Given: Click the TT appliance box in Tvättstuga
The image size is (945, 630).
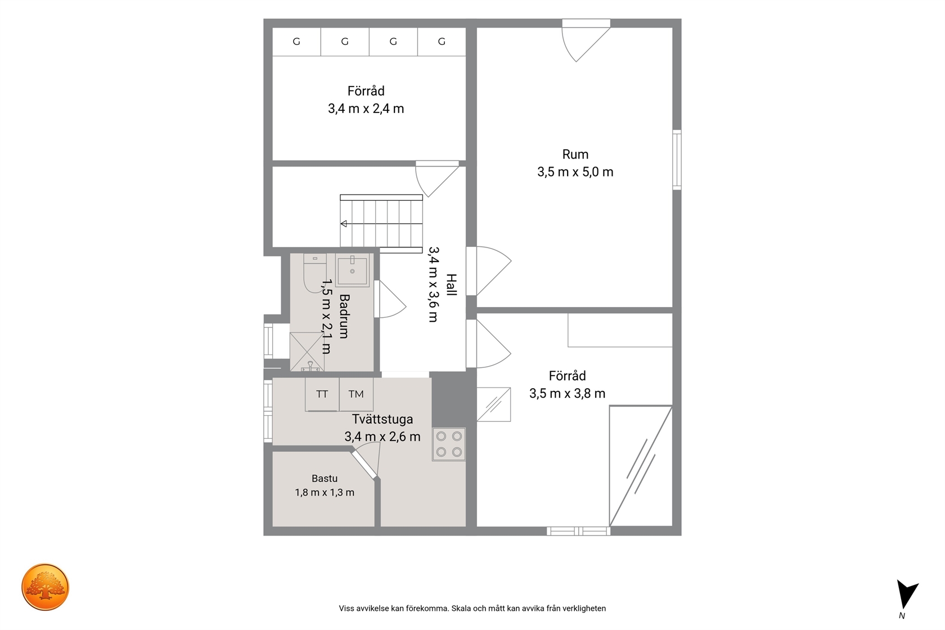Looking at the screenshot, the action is coord(322,394).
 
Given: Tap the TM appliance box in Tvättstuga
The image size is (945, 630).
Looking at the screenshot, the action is coord(356,394).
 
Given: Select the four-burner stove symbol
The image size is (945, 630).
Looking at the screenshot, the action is coord(449,444).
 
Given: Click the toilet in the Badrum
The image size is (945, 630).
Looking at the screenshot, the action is coord(315,273).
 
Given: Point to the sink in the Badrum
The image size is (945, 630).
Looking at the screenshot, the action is coord(352,270).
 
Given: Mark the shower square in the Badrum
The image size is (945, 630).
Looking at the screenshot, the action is coord(307,352).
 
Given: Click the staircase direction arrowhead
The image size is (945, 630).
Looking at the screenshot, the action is coord(344,224).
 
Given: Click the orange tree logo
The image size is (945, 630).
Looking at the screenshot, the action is coord(45,587).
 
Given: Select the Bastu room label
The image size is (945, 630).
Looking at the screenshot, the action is coord(325,479).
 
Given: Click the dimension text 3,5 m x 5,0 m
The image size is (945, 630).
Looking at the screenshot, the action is coord(575,172).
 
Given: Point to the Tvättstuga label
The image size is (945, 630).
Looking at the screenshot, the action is coord(382,419).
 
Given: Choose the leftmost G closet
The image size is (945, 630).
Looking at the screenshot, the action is coord(296,42).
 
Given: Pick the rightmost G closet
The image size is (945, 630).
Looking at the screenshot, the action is coord(442,42).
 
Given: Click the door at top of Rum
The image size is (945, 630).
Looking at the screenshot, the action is coord(586,40).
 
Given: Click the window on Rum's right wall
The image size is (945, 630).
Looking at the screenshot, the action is coord(677,160).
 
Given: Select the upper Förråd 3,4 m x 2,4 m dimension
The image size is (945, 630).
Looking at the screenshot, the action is coord(366,109).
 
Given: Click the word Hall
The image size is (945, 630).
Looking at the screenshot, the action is coord(451,285).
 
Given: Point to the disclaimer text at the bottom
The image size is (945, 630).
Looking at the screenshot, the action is coord(472,609).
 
